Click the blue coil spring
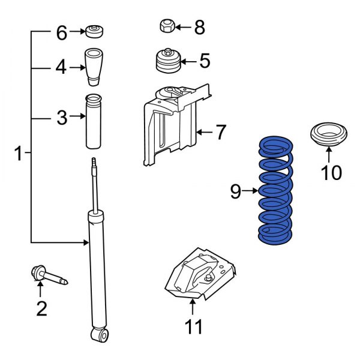tap(275, 191)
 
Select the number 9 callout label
tap(236, 191)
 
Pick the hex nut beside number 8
tap(167, 26)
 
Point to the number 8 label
tap(199, 27)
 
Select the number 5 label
tap(204, 61)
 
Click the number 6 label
tap(62, 32)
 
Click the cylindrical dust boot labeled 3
tap(94, 122)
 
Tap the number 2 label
tap(41, 309)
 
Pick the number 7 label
tap(221, 132)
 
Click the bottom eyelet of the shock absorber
tap(100, 334)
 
